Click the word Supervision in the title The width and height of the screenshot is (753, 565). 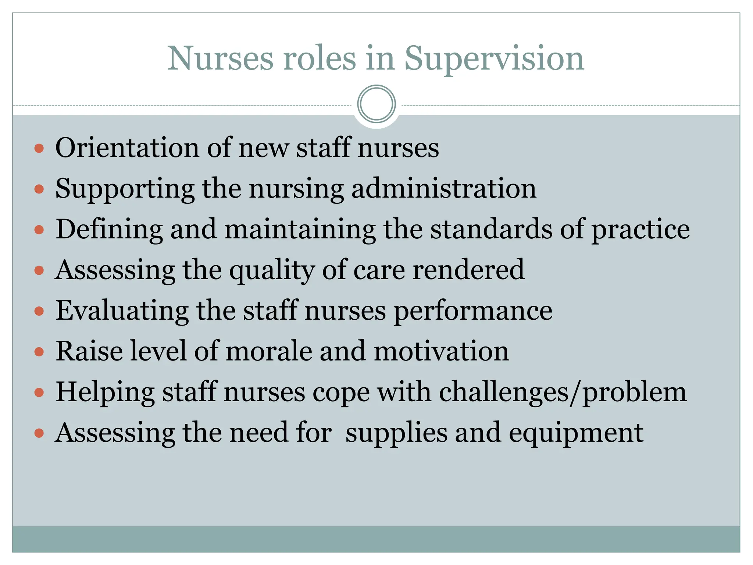(x=494, y=59)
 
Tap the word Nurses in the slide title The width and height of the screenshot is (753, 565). (x=220, y=59)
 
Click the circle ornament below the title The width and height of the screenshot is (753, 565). (x=376, y=104)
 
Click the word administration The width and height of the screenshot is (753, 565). (x=444, y=189)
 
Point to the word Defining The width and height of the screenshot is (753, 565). (x=109, y=230)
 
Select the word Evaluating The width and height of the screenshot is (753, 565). (x=122, y=311)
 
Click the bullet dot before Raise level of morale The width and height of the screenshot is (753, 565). (x=39, y=352)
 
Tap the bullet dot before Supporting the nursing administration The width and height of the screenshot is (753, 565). (x=39, y=189)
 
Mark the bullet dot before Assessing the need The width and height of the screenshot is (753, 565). (x=39, y=433)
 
